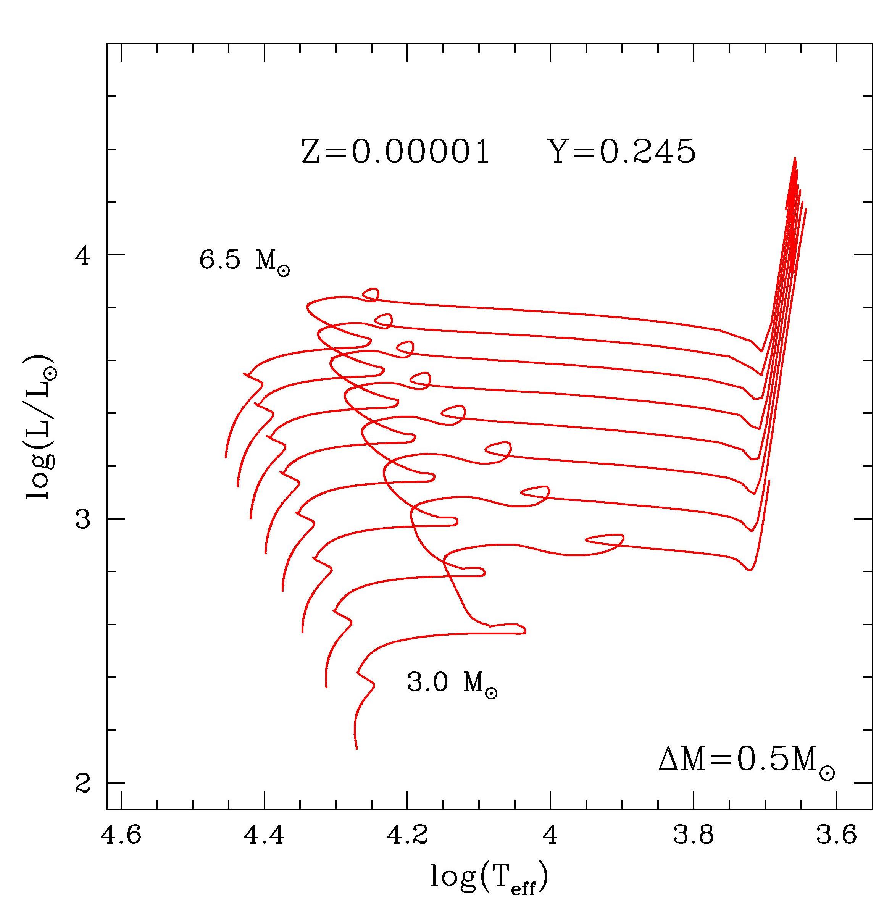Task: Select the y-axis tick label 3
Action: click(82, 519)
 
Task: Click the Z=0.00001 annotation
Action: click(395, 152)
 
